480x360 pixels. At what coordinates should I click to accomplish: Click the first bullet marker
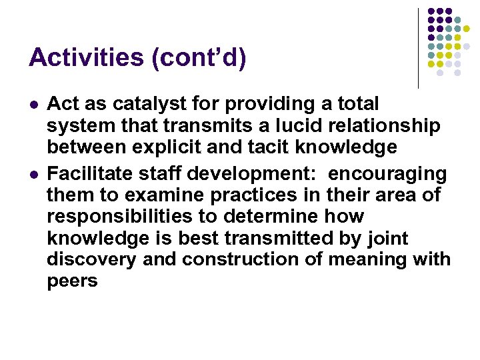[33, 105]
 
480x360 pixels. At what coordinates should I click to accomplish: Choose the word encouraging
[387, 174]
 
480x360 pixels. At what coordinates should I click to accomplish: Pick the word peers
[72, 281]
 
